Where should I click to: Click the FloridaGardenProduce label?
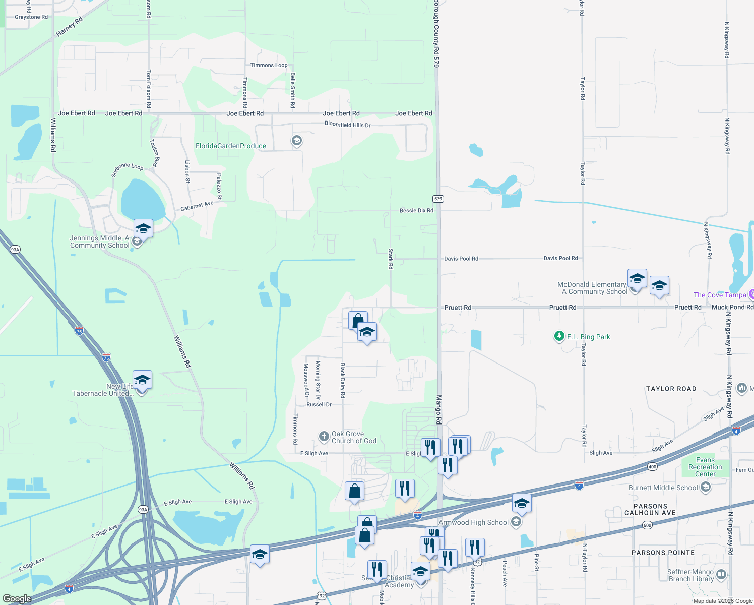231,146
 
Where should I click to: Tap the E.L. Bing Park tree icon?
559,336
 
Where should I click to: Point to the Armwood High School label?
473,523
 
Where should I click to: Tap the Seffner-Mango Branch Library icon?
721,575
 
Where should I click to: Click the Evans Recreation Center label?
705,467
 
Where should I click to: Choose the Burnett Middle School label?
663,488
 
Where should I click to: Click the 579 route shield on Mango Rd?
438,199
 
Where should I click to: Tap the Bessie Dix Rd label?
416,211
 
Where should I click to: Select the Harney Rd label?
69,27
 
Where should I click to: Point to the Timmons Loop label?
269,65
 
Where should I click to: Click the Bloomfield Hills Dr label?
347,125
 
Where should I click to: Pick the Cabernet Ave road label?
197,206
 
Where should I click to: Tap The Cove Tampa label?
719,295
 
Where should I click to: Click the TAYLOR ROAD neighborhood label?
671,389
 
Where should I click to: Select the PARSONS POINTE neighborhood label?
663,553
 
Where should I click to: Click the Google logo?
17,598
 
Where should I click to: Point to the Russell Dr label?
319,405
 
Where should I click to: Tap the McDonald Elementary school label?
592,288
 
